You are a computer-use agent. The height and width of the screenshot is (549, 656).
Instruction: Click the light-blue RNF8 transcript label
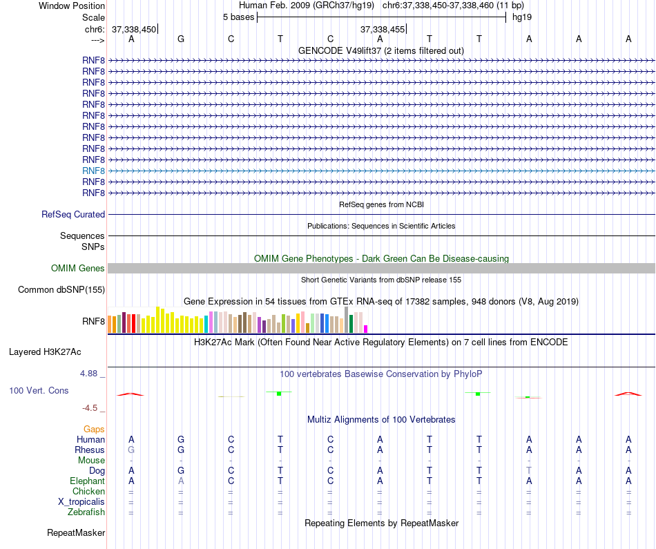pyautogui.click(x=93, y=171)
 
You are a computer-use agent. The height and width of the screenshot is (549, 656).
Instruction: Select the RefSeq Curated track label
pyautogui.click(x=73, y=215)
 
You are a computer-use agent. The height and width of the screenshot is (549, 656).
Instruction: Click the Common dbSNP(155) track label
pyautogui.click(x=61, y=290)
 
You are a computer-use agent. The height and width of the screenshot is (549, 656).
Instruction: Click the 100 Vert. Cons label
pyautogui.click(x=39, y=391)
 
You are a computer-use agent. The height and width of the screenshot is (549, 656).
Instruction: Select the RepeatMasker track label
pyautogui.click(x=76, y=533)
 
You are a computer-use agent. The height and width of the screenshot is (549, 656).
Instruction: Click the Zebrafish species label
pyautogui.click(x=86, y=512)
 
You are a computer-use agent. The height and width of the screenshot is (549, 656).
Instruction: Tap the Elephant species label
pyautogui.click(x=87, y=481)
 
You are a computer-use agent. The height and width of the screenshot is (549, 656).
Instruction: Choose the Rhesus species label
pyautogui.click(x=90, y=450)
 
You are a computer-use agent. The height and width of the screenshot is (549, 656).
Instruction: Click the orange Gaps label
pyautogui.click(x=94, y=430)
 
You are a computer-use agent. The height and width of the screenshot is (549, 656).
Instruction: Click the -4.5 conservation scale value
pyautogui.click(x=93, y=408)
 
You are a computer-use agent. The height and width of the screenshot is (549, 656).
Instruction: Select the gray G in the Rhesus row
pyautogui.click(x=131, y=450)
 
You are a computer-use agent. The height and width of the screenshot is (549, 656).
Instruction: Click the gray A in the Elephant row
pyautogui.click(x=181, y=481)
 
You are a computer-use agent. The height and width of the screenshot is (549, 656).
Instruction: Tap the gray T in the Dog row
pyautogui.click(x=529, y=471)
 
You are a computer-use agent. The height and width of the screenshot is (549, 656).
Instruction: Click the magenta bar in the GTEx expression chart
pyautogui.click(x=366, y=329)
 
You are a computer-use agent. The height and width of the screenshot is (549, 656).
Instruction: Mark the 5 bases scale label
pyautogui.click(x=238, y=17)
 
